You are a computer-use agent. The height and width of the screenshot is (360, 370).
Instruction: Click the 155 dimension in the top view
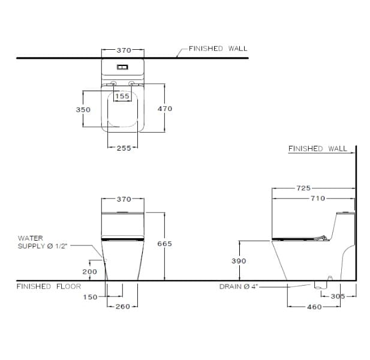(x=122, y=96)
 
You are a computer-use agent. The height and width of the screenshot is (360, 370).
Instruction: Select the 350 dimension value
(x=83, y=110)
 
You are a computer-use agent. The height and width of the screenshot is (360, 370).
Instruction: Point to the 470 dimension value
(x=164, y=109)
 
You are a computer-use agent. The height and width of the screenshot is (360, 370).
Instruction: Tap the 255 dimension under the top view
(x=123, y=148)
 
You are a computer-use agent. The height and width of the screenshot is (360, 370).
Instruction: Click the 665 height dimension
(x=164, y=244)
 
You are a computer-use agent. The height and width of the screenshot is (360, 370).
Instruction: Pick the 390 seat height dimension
(x=239, y=261)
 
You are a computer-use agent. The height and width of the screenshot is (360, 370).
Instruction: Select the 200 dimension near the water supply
(x=89, y=272)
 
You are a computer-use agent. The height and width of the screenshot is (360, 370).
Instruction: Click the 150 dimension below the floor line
(x=90, y=297)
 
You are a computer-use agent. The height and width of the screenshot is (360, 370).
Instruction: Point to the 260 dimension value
(x=123, y=307)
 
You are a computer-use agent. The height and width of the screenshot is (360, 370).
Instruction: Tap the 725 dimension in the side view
(x=304, y=188)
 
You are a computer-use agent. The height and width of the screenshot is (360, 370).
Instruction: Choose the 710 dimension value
(x=318, y=198)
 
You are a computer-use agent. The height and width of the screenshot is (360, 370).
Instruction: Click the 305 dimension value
(x=338, y=296)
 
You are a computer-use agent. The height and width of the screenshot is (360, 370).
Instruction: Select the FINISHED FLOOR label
(x=49, y=287)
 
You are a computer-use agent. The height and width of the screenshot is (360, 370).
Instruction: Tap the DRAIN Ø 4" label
(x=238, y=287)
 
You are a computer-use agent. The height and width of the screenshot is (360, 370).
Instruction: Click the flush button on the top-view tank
(x=123, y=67)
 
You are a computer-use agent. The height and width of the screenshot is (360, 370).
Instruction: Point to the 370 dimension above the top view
(x=123, y=51)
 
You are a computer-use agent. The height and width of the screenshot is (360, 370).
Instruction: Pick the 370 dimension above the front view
(x=123, y=199)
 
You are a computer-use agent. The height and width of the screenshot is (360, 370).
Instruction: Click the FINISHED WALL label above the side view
(x=317, y=149)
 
